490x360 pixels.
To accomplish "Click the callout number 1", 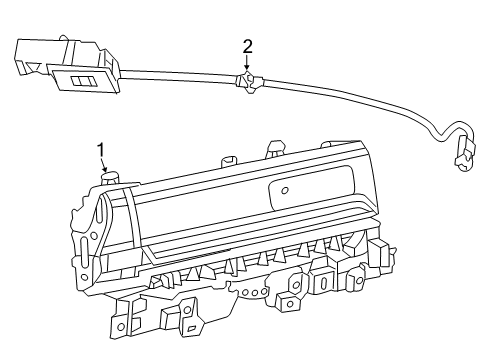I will (101, 150).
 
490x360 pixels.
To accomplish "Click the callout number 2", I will (247, 46).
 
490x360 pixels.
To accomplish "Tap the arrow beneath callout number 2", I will (247, 65).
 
